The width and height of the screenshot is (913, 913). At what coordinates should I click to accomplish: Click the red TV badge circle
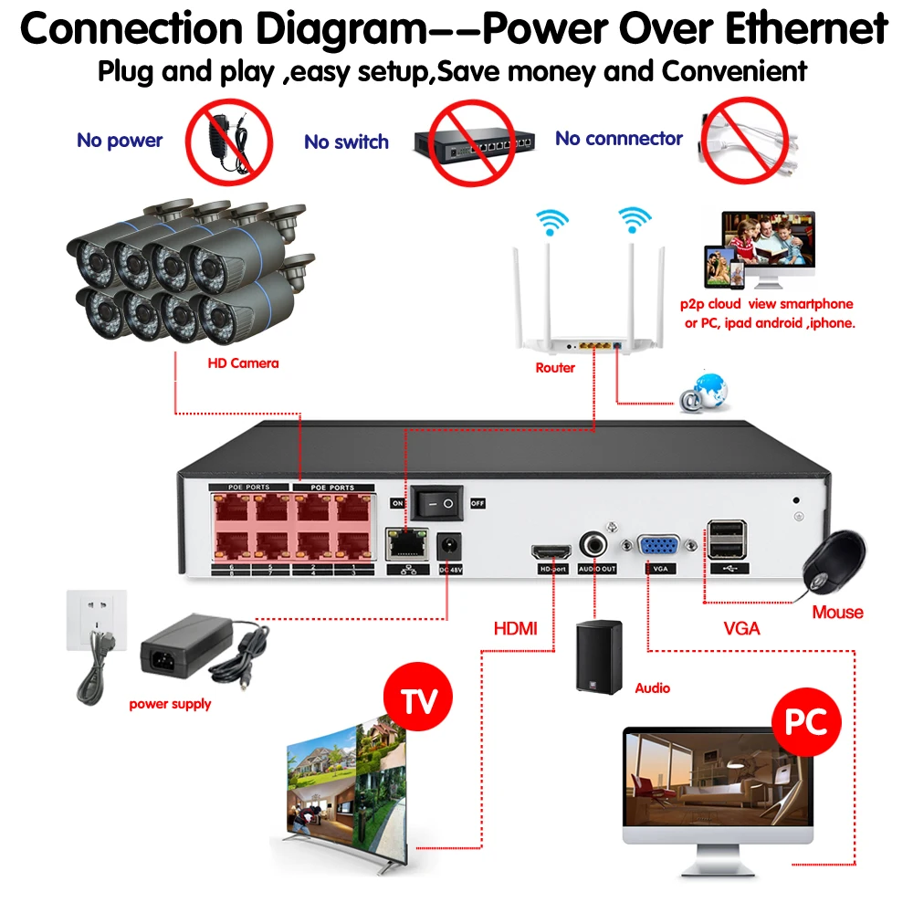point(421,700)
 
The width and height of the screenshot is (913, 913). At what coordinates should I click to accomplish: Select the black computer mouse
point(834,561)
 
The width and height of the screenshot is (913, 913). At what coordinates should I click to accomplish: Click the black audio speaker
point(599,655)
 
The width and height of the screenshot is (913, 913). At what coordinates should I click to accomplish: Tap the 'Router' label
point(555,368)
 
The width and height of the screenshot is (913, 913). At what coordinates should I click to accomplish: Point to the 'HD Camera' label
point(243,363)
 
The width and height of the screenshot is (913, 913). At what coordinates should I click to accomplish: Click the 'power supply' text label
point(170,704)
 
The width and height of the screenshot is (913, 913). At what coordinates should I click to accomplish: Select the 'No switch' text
point(346,142)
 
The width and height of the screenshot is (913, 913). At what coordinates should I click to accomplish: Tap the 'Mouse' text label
point(837,612)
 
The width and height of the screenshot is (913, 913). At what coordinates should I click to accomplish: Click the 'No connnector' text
point(619,139)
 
